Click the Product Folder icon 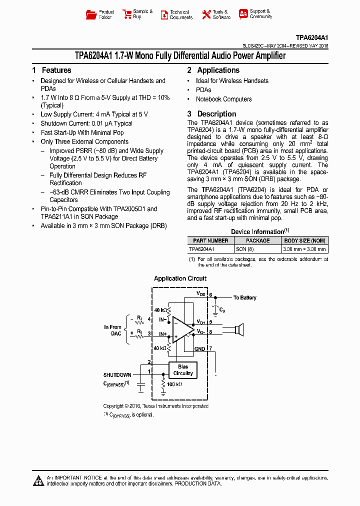coord(91,14)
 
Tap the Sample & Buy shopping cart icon coord(126,14)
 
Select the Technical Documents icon coord(164,15)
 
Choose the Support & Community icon coord(243,14)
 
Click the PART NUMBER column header coord(210,241)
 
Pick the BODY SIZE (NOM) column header coord(304,241)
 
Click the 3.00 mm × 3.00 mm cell coord(304,249)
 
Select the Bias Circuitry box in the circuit coord(183,370)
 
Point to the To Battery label coord(244,298)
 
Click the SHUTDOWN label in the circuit coord(117,375)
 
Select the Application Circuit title coord(180,279)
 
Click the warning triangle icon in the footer coord(38,481)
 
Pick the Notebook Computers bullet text coord(223,99)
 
